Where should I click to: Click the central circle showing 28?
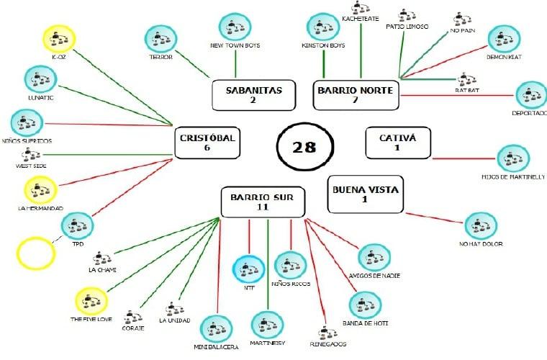pyautogui.click(x=304, y=146)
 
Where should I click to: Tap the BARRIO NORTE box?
pyautogui.click(x=355, y=94)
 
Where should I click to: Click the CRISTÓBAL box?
pyautogui.click(x=207, y=143)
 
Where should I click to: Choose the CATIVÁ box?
pyautogui.click(x=397, y=143)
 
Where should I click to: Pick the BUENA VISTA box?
pyautogui.click(x=364, y=194)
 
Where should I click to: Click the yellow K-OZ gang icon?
pyautogui.click(x=58, y=40)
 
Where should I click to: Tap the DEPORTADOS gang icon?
pyautogui.click(x=531, y=96)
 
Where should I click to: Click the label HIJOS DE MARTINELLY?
pyautogui.click(x=512, y=176)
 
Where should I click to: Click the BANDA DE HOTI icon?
pyautogui.click(x=366, y=305)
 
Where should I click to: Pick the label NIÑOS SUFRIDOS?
pyautogui.click(x=27, y=140)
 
